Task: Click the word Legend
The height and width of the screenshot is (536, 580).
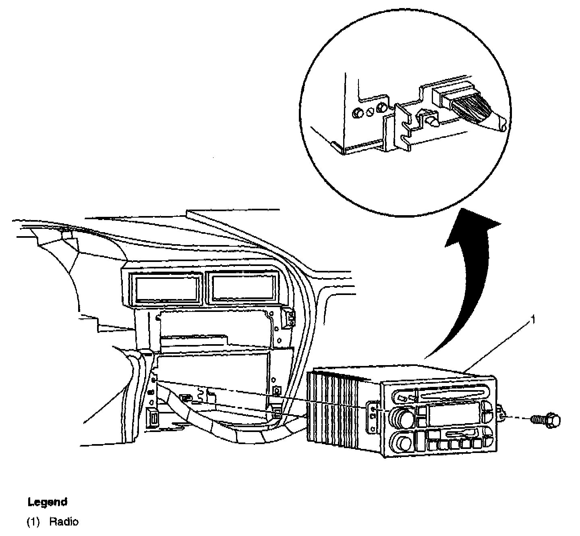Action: click(x=47, y=502)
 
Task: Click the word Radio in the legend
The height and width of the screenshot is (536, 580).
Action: click(x=64, y=522)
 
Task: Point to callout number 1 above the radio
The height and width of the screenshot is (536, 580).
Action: click(x=533, y=320)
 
